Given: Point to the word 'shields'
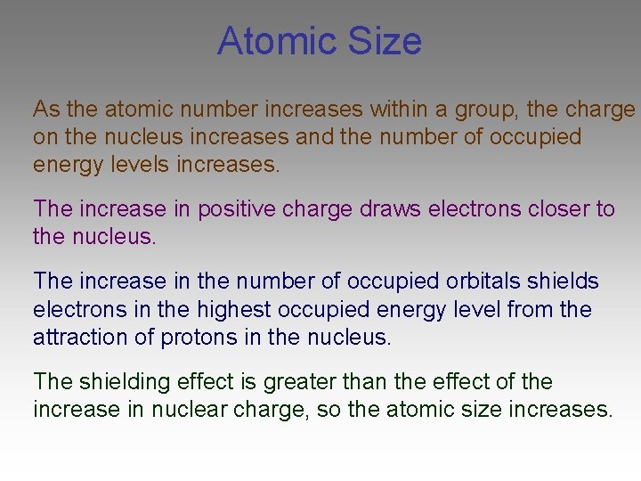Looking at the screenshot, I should click(x=564, y=281).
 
